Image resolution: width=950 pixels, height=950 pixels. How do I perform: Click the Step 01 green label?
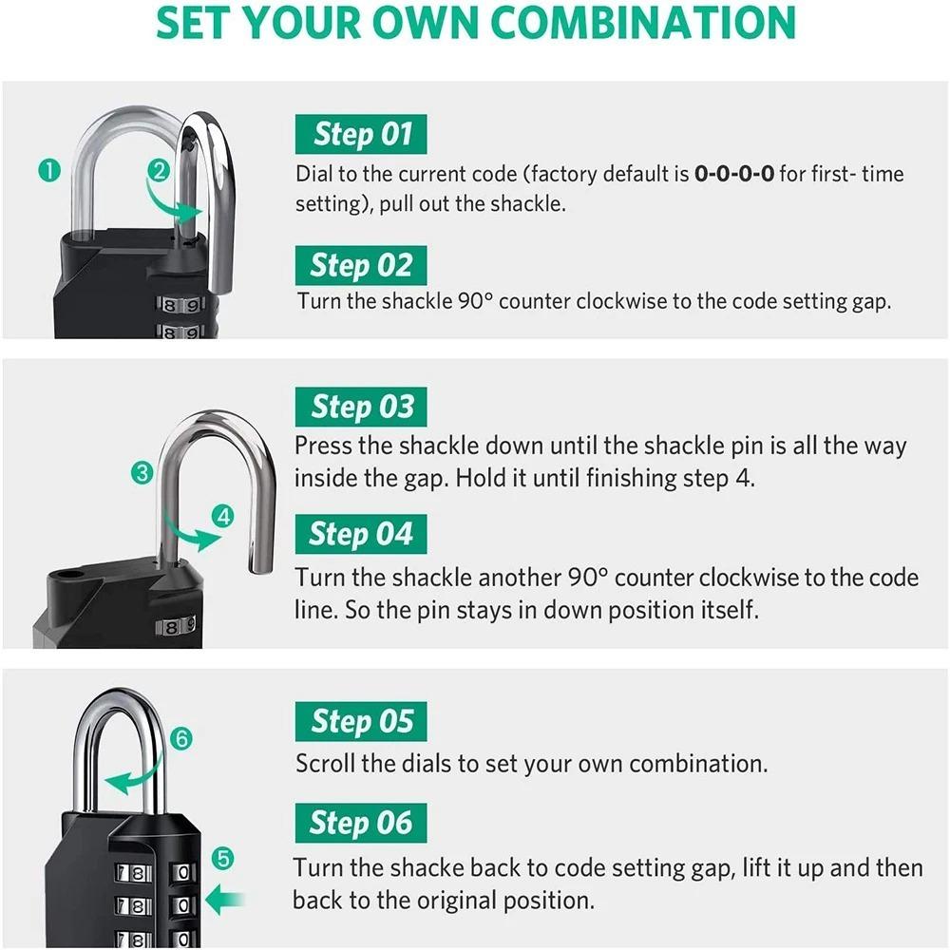coord(361,134)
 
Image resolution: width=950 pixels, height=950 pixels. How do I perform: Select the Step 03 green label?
coord(361,408)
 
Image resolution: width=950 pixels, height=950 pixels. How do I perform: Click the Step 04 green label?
coord(361,535)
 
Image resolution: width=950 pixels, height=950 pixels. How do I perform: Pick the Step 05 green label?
coord(361,722)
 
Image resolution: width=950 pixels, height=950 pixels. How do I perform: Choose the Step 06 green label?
coord(361,823)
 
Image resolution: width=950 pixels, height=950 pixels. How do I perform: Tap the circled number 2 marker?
coord(159,171)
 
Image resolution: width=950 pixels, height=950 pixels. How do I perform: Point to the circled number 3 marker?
coord(142,472)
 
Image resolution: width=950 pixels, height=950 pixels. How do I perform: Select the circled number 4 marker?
coord(223,517)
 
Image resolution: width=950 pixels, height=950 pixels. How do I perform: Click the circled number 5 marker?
coord(222,859)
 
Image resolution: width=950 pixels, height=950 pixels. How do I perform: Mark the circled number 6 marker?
coord(182,738)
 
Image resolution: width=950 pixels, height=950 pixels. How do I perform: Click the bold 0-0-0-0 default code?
coord(734,174)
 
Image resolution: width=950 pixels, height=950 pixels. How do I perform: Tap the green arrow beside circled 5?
coord(226,899)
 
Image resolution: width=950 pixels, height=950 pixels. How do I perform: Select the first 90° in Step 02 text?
coord(471,301)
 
